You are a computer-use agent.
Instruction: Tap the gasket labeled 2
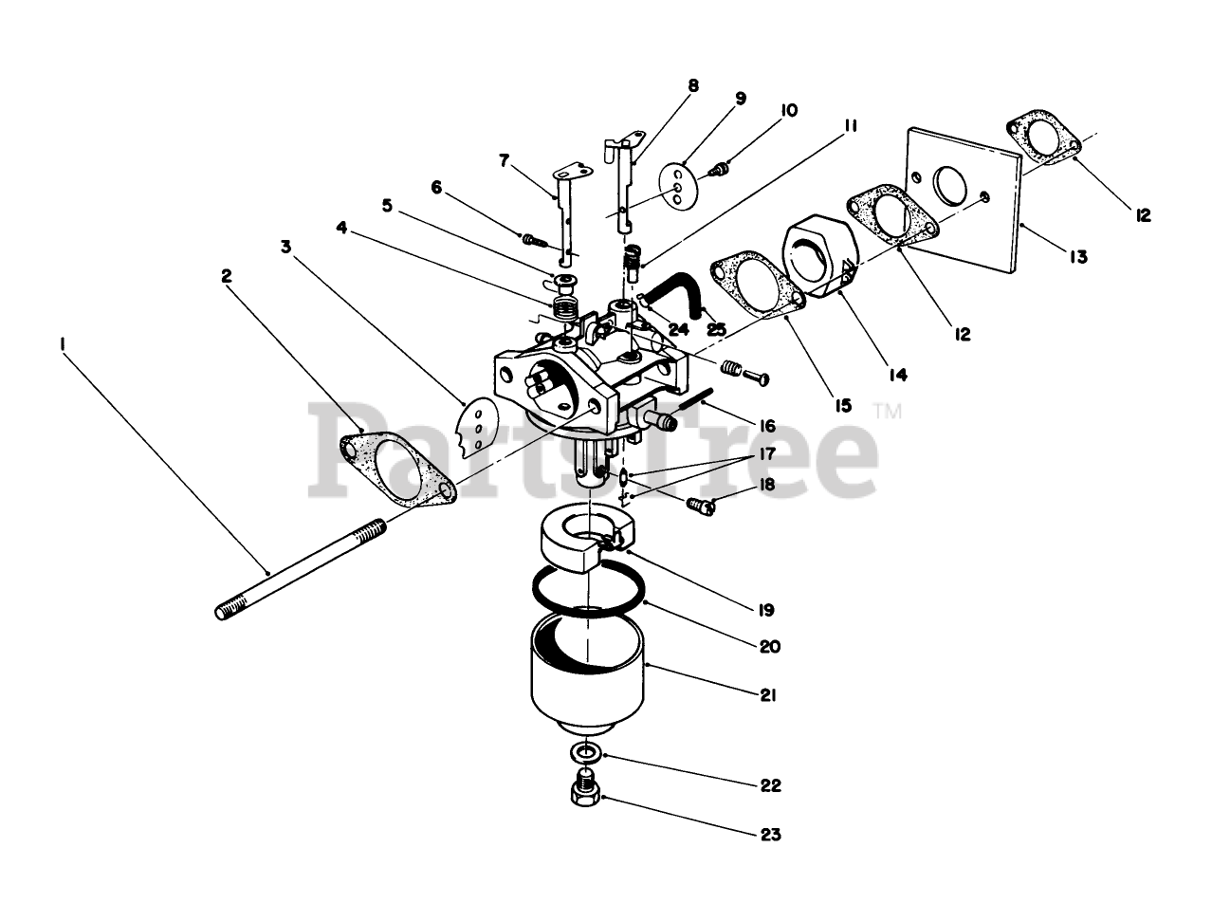click(x=396, y=470)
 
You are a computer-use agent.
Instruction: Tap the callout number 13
click(x=1076, y=256)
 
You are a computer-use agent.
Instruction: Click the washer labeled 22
click(x=586, y=754)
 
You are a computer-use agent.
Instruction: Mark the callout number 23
click(x=770, y=835)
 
